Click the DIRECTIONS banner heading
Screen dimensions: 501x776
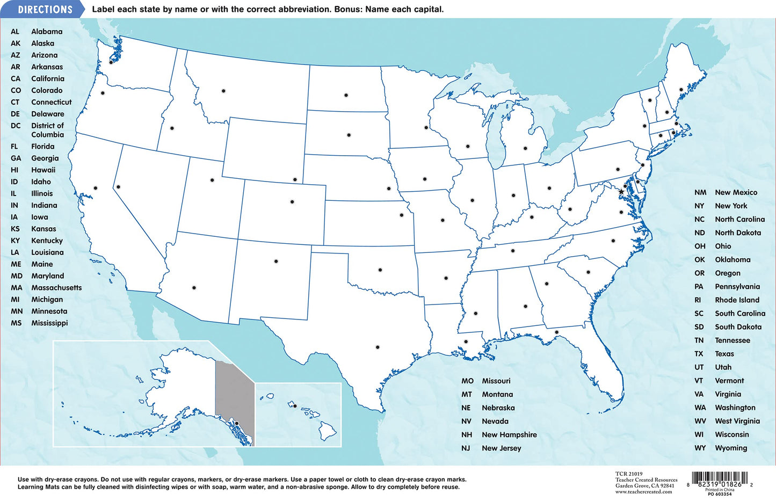tap(45, 10)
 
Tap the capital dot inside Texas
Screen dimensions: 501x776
tap(378, 347)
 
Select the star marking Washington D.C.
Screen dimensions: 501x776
tap(621, 192)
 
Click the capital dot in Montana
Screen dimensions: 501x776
tap(223, 91)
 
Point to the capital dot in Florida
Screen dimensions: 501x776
tap(557, 332)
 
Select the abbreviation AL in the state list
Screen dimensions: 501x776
tap(15, 32)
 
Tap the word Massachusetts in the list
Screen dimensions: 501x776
tap(56, 288)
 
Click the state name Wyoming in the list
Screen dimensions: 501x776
tap(731, 448)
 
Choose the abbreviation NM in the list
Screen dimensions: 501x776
tap(700, 192)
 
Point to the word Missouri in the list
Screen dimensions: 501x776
tap(496, 381)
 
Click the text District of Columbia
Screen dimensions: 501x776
tap(47, 130)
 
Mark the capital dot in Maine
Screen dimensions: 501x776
tap(681, 90)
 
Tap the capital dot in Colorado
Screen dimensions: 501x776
tap(292, 202)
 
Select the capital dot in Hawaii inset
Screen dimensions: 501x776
tap(295, 406)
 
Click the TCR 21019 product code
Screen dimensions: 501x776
tap(629, 474)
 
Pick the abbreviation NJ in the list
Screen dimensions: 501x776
tap(466, 448)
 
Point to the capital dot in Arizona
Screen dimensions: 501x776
tap(194, 288)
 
